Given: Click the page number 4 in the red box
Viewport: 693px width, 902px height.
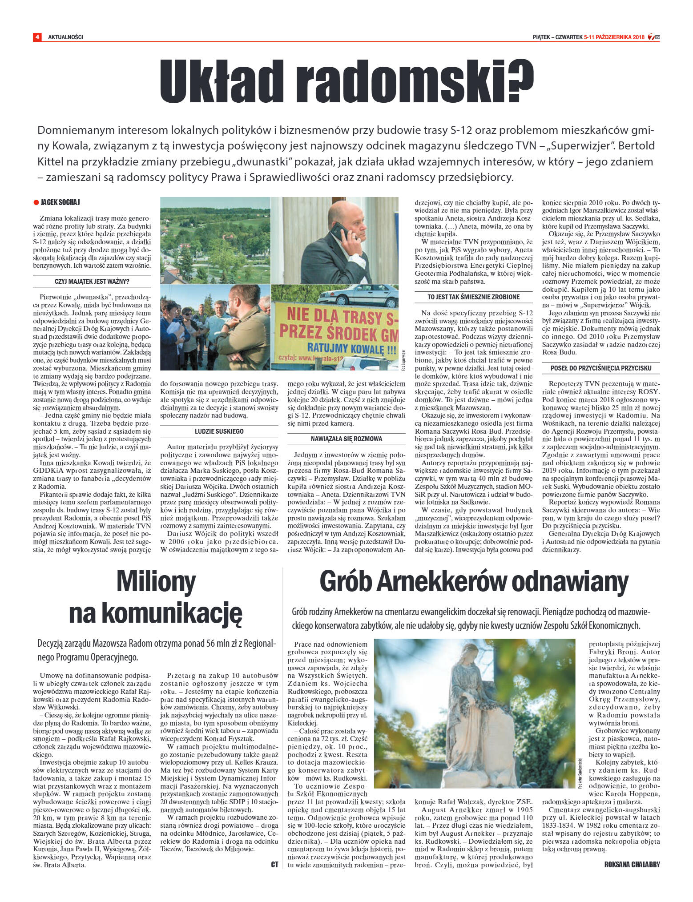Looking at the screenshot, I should click(37, 37).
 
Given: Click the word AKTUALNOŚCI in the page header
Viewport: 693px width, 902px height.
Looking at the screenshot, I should click(65, 37).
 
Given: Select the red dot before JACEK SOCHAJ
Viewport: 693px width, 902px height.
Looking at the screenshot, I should click(36, 202).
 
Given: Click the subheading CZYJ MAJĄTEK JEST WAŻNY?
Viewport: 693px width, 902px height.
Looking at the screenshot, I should click(92, 282).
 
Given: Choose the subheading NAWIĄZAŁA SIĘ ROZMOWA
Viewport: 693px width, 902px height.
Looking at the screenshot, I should click(346, 439).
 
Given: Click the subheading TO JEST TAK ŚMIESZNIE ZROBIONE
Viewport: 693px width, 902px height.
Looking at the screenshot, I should click(474, 297).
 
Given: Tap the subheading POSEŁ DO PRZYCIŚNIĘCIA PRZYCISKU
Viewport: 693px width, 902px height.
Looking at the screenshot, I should click(601, 368).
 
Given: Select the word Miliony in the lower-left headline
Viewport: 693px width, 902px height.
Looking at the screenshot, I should click(156, 581).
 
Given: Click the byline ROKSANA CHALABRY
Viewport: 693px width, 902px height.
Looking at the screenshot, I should click(632, 865).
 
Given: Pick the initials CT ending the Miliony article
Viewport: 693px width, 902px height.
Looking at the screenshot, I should click(274, 865).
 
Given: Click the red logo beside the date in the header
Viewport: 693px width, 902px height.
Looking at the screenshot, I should click(654, 37).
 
